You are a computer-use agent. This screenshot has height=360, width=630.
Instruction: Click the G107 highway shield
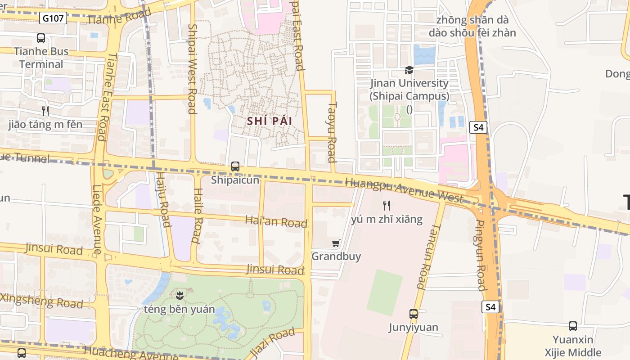click(53, 18)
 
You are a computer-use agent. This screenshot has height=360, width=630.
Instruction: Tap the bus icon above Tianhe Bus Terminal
click(41, 38)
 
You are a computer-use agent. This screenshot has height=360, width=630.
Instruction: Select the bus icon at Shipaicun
click(235, 166)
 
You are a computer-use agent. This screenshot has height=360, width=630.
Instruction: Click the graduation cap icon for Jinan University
click(409, 70)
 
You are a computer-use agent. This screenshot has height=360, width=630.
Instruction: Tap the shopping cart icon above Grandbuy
click(336, 243)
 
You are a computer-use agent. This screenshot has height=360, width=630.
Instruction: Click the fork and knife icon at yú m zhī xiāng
click(386, 206)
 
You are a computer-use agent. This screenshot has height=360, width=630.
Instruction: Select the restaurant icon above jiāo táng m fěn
click(45, 111)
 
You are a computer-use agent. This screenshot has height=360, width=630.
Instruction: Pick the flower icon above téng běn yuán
click(180, 296)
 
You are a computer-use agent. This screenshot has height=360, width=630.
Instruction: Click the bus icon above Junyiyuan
click(413, 314)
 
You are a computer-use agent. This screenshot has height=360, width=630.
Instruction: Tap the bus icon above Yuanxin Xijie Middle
click(572, 326)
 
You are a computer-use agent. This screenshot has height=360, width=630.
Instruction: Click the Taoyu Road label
click(332, 131)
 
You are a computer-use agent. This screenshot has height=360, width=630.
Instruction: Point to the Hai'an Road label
click(276, 221)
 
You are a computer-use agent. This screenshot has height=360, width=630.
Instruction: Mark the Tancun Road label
click(424, 256)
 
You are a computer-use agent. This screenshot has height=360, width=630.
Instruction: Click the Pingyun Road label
click(481, 255)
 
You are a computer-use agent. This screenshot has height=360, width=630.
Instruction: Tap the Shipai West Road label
click(192, 68)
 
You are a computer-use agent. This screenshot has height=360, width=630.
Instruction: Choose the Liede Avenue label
click(97, 220)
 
